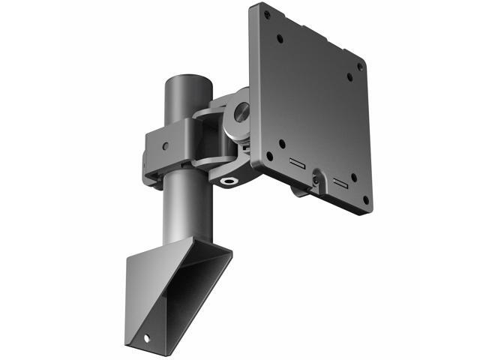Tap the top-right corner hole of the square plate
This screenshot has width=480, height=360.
[x=359, y=66]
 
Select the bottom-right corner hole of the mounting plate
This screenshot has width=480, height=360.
[x=365, y=200]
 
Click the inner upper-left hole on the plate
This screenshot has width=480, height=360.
[x=279, y=37]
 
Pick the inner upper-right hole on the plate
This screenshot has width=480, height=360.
[x=349, y=76]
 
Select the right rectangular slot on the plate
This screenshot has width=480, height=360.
[x=340, y=182]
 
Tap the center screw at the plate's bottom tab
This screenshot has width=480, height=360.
[x=317, y=179]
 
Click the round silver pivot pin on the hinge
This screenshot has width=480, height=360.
[x=242, y=112]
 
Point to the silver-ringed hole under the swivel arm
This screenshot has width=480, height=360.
[x=228, y=180]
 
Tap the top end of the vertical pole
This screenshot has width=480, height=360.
[x=187, y=79]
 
